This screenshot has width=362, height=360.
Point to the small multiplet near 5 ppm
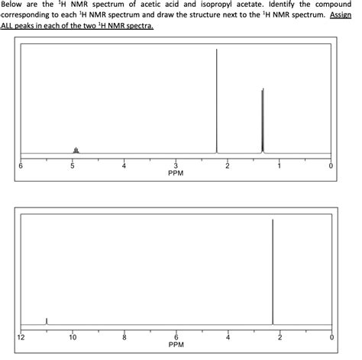pyautogui.click(x=75, y=149)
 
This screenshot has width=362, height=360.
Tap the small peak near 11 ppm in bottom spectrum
pyautogui.click(x=47, y=321)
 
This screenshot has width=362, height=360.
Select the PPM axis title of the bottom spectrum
pyautogui.click(x=176, y=345)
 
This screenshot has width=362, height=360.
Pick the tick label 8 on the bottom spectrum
pyautogui.click(x=124, y=336)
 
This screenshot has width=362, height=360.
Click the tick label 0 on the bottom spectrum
pyautogui.click(x=331, y=336)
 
